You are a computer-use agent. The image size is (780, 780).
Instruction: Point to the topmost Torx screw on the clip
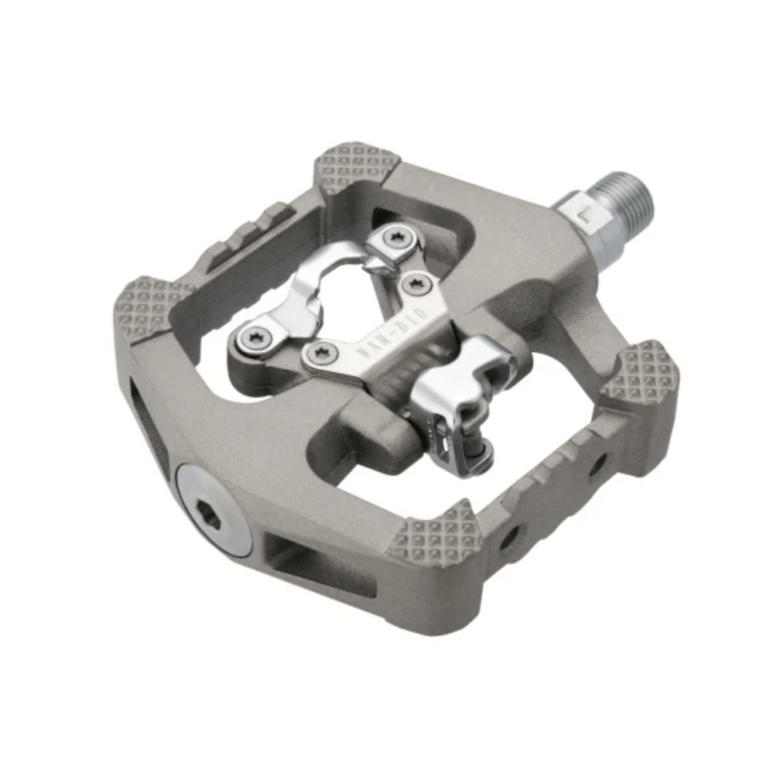[x=393, y=239]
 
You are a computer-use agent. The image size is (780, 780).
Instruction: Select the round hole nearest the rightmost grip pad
[x=597, y=463]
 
